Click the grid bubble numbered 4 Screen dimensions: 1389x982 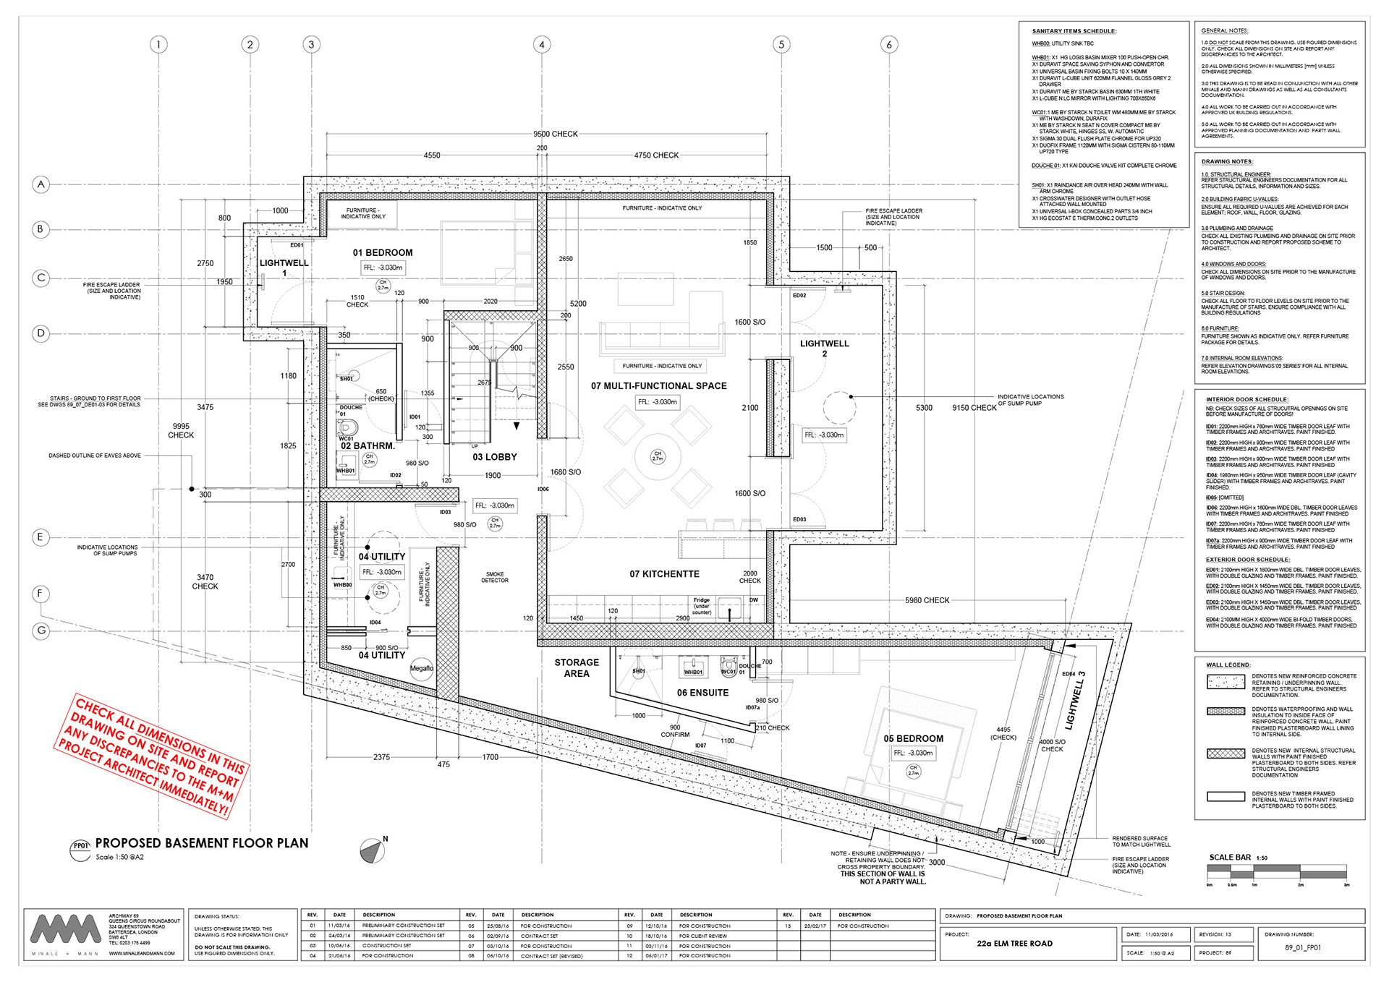click(x=542, y=45)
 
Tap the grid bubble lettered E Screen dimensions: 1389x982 click(x=41, y=537)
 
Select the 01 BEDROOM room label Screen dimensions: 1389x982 click(x=383, y=252)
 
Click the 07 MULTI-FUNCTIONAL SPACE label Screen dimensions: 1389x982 click(x=658, y=386)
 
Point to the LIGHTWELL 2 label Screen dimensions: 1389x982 click(x=824, y=349)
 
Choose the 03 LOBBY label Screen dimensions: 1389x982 click(x=495, y=457)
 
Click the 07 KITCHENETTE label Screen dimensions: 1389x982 click(x=664, y=574)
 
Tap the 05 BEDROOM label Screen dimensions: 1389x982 click(x=913, y=738)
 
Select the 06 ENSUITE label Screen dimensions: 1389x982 click(x=702, y=693)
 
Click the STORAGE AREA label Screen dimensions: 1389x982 click(x=577, y=667)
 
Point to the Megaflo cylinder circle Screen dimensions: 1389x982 click(x=422, y=668)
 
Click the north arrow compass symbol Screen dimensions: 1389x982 click(x=373, y=851)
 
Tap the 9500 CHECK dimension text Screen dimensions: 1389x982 click(x=555, y=134)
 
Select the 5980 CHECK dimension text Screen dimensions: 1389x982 click(x=927, y=600)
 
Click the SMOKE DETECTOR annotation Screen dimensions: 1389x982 click(x=495, y=577)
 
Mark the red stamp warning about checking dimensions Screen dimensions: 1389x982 click(x=153, y=756)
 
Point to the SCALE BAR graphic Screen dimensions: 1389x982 click(x=1277, y=873)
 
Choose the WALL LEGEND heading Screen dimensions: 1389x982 click(x=1228, y=665)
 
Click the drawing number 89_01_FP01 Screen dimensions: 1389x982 click(x=1302, y=947)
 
